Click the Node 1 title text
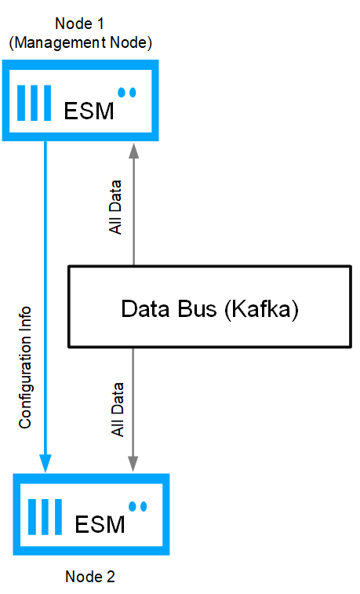coord(79,24)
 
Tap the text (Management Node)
coord(80,42)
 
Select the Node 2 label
coord(89,577)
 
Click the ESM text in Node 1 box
coord(89,111)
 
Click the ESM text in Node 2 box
coord(100,525)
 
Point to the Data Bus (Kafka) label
coord(209,308)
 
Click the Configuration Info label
coord(25,367)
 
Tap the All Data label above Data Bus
coord(115,207)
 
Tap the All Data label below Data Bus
coord(118,410)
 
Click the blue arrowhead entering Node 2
coord(45,463)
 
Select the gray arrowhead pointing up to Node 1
coord(133,151)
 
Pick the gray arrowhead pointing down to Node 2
coord(133,463)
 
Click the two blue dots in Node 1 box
coord(127,93)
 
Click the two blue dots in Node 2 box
coord(138,506)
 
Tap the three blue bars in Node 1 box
coord(34,103)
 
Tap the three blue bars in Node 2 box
coord(45,517)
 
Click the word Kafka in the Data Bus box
coord(261,308)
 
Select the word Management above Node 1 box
coord(60,42)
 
